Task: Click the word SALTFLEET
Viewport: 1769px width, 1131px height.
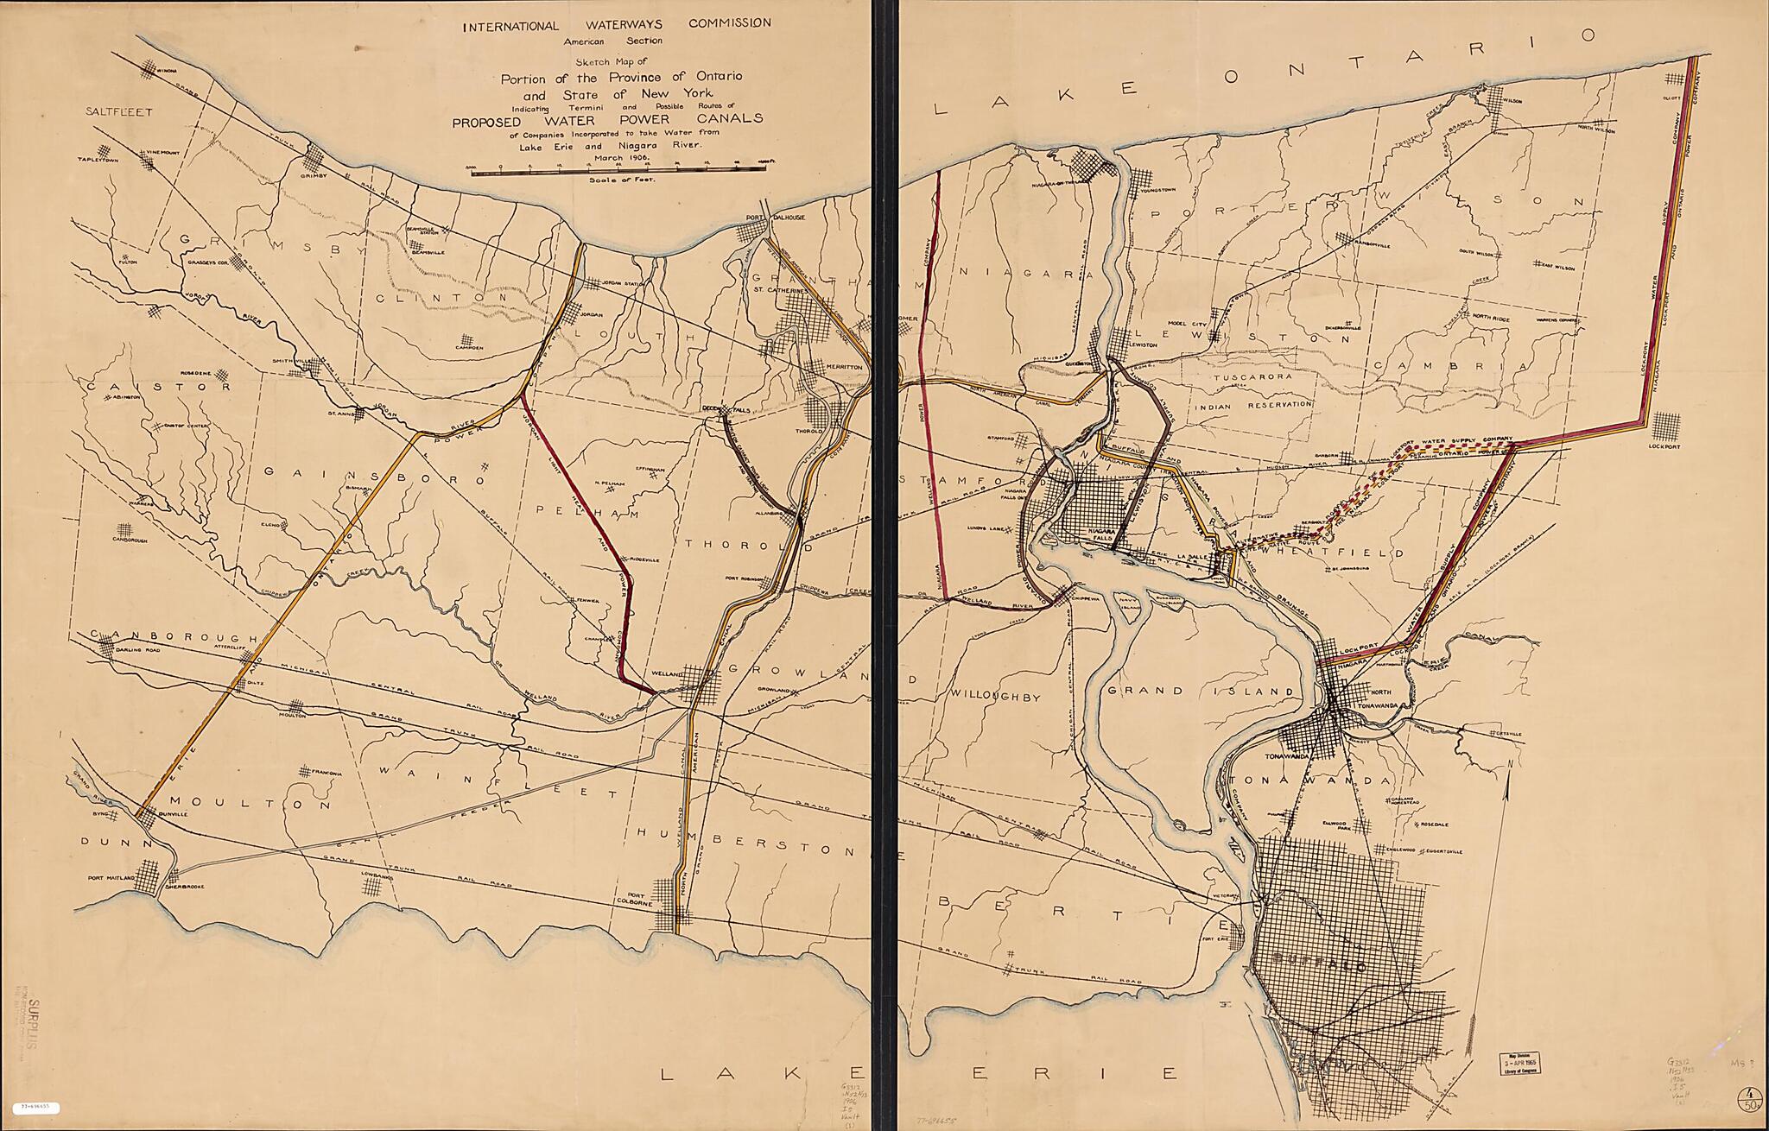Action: click(x=118, y=111)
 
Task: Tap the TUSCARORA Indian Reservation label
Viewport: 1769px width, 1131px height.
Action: click(x=1252, y=377)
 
